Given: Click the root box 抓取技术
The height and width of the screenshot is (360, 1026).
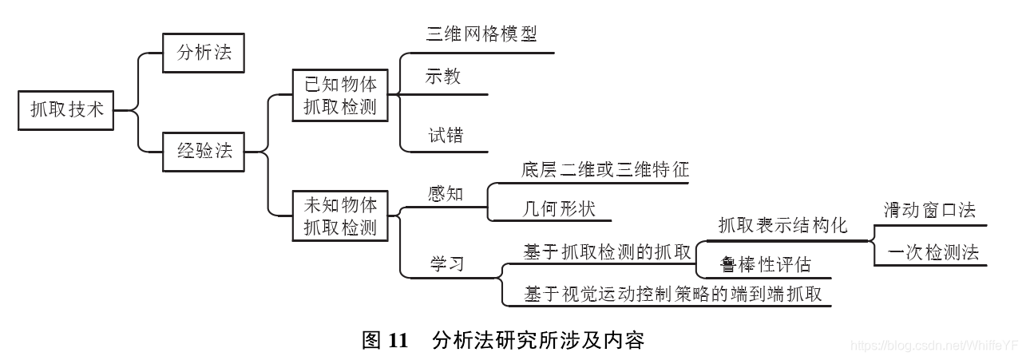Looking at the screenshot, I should [x=67, y=109].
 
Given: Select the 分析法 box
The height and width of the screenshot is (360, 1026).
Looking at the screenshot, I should [x=203, y=54].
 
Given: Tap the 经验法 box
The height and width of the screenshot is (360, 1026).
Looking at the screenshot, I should [x=204, y=150].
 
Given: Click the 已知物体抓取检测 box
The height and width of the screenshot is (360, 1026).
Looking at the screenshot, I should [x=340, y=95].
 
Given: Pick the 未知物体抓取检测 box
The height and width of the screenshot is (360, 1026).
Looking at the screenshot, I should [x=340, y=215].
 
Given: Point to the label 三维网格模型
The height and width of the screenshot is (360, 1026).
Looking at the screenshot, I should [x=481, y=34].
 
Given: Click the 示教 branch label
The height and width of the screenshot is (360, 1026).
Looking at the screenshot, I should [x=443, y=77].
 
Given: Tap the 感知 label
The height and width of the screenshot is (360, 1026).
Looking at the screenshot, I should [x=446, y=194].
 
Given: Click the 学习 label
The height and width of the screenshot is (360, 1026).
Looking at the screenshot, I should [x=447, y=263].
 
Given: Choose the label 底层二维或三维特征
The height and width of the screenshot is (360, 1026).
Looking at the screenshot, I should [x=604, y=169].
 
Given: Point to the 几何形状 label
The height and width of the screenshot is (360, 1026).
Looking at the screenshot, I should [x=558, y=208].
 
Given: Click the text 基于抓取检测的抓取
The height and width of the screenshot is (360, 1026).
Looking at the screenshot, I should [x=607, y=252].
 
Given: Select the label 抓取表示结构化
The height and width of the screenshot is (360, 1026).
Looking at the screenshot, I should [x=782, y=225].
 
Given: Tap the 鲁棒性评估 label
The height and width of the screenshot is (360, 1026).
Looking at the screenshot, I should [x=765, y=264].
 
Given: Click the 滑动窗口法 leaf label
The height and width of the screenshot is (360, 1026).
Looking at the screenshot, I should [x=929, y=210].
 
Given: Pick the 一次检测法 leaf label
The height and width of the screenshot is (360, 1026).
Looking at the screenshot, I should [x=933, y=252].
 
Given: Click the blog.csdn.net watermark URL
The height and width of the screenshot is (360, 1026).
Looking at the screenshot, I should [x=934, y=345].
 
